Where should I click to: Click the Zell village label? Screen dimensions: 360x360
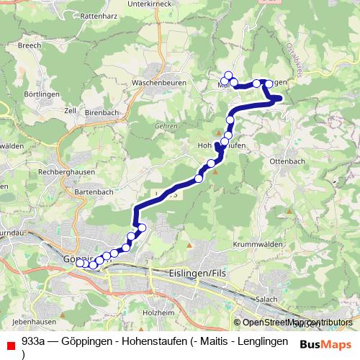(71, 111)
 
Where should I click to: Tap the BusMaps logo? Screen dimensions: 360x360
(325, 344)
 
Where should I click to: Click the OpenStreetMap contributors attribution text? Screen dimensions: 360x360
(297, 323)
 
